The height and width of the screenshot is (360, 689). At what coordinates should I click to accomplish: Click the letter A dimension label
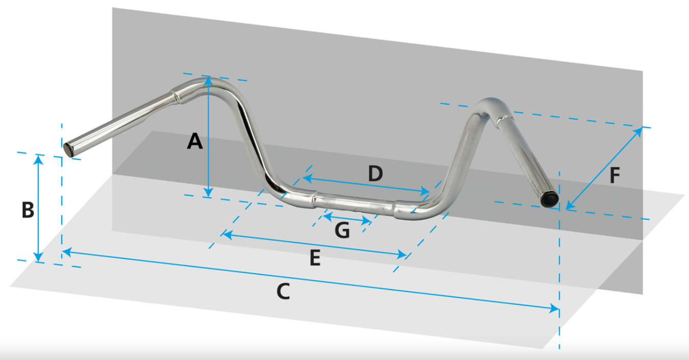tap(195, 141)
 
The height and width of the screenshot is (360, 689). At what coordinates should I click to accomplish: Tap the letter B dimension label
tap(28, 210)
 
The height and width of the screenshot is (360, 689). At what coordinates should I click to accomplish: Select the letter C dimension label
tap(283, 291)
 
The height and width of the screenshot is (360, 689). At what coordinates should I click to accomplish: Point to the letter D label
tap(375, 173)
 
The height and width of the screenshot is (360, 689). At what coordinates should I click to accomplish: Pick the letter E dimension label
tap(315, 258)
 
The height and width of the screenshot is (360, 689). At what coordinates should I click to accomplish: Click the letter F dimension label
tap(615, 175)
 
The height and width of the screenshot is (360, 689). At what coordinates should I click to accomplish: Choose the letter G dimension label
tap(342, 230)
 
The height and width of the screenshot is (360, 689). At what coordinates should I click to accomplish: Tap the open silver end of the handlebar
tap(68, 150)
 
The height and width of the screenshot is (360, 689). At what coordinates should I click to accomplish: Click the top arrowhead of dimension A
tap(208, 81)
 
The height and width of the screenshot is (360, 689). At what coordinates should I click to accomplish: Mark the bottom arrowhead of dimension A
tap(208, 192)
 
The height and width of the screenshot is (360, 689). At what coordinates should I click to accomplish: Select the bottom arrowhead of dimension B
tap(38, 257)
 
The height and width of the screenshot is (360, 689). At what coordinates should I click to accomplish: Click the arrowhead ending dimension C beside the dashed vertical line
tap(554, 308)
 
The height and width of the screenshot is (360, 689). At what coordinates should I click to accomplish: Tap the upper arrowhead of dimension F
tap(638, 132)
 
